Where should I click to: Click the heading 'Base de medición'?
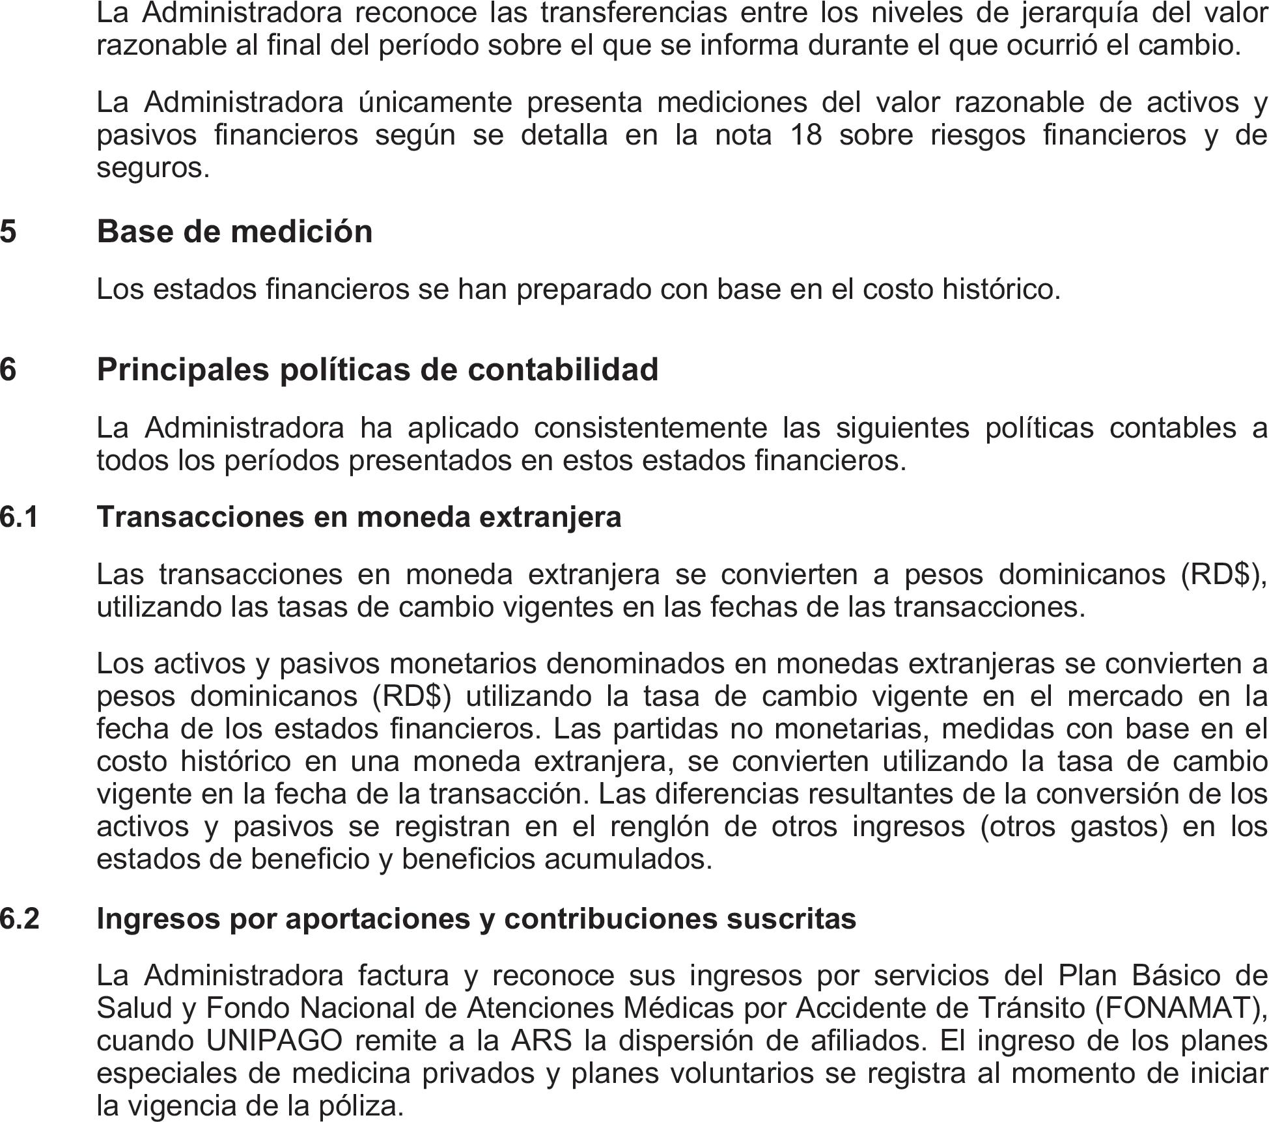click(x=234, y=232)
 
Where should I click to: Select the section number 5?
click(x=8, y=232)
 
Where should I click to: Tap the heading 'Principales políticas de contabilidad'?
click(x=378, y=369)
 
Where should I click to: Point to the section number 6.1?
click(x=19, y=517)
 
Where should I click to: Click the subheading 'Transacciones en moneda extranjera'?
click(x=359, y=517)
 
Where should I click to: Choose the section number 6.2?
click(x=20, y=918)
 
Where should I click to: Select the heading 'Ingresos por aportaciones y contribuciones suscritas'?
click(x=476, y=918)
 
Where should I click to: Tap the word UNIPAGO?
click(x=274, y=1041)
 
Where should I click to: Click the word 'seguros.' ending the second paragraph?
click(x=153, y=168)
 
